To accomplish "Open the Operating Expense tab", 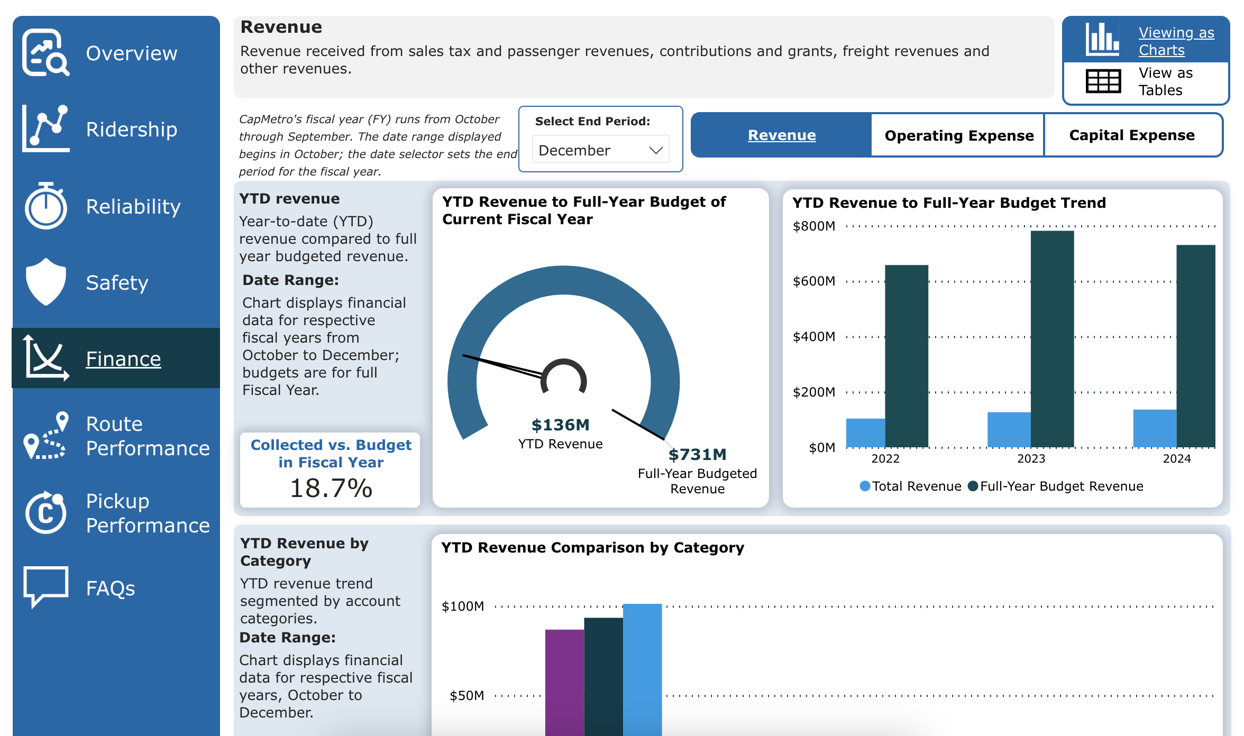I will coord(958,135).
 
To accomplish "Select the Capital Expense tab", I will coord(1132,135).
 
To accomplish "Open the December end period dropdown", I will coord(601,150).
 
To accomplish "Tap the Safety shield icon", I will coord(46,282).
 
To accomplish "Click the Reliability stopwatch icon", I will coord(46,206).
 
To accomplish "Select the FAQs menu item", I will coord(110,588).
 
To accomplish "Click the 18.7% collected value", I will coord(331,487).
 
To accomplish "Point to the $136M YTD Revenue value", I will coord(560,425).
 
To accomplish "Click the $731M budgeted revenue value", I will coord(697,454).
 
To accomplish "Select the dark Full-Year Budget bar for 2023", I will coord(1052,338).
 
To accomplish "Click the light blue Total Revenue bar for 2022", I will coord(865,433).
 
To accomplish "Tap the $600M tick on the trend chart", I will coord(814,281).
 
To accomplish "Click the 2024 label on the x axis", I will coord(1176,458).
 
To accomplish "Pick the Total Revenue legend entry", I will coord(911,486).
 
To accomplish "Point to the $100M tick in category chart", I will coord(463,606).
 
